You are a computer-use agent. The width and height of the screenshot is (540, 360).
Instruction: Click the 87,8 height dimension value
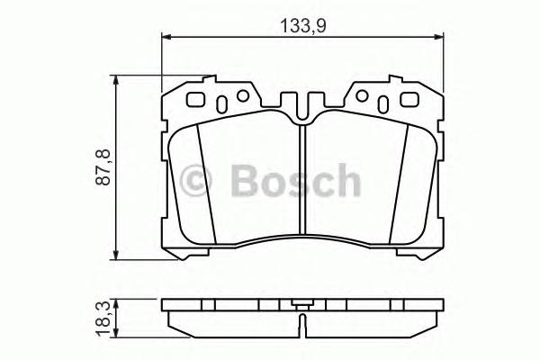(x=103, y=167)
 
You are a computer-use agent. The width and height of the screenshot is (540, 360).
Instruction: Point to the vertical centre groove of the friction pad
(x=303, y=180)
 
